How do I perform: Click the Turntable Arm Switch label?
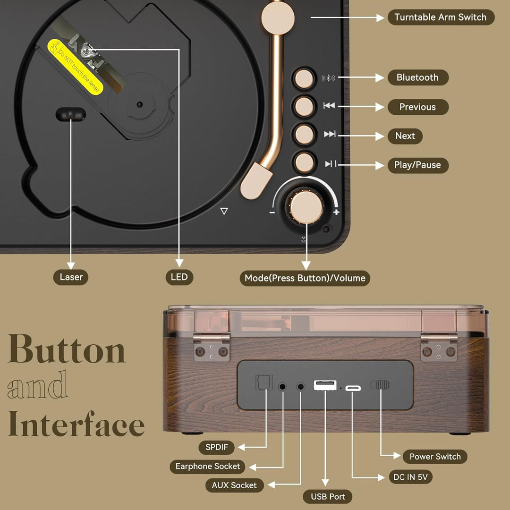click(441, 17)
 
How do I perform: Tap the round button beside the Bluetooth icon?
click(304, 79)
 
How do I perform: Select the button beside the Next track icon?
click(304, 134)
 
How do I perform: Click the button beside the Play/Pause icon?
click(304, 162)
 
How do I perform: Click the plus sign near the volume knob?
click(336, 212)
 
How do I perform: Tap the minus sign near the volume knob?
click(272, 212)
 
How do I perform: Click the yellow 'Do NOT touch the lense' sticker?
click(75, 67)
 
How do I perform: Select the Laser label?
click(71, 277)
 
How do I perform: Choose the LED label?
click(179, 277)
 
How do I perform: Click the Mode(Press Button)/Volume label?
click(305, 278)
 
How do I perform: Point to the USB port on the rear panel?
click(325, 385)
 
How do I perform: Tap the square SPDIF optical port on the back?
click(264, 382)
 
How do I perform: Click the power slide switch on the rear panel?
click(380, 385)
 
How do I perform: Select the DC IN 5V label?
click(410, 477)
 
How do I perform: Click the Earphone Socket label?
click(207, 467)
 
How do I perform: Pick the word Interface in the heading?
click(76, 424)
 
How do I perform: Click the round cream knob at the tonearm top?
click(278, 18)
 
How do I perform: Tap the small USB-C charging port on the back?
click(353, 388)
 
